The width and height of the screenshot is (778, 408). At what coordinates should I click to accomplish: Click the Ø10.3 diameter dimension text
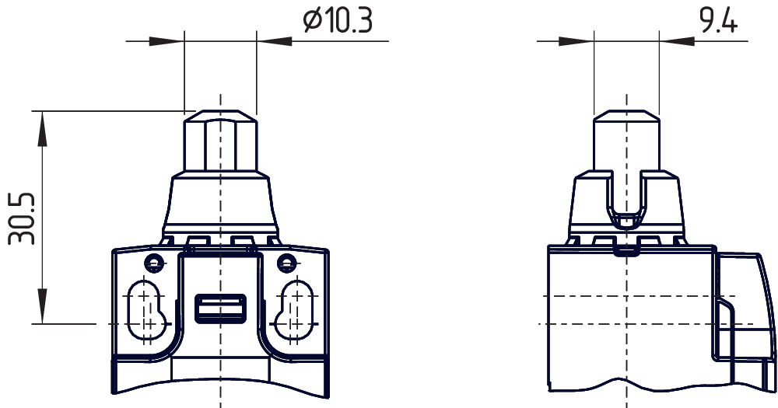pyautogui.click(x=337, y=21)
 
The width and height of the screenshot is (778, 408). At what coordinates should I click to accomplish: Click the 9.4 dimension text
pyautogui.click(x=717, y=21)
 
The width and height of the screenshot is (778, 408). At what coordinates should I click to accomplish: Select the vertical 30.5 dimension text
pyautogui.click(x=22, y=220)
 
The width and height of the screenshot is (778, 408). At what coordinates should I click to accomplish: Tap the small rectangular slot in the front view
pyautogui.click(x=221, y=308)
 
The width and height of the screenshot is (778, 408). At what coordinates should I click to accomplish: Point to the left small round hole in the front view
pyautogui.click(x=155, y=262)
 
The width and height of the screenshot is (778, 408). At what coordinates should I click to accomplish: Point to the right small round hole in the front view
pyautogui.click(x=287, y=262)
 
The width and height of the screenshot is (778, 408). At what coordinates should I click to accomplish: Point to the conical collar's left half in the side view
pyautogui.click(x=590, y=204)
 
